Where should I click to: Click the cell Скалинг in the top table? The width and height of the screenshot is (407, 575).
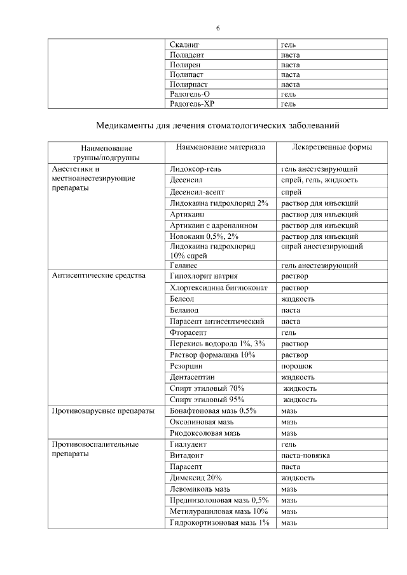pos(185,45)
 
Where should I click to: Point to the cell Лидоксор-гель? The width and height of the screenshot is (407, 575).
pos(197,169)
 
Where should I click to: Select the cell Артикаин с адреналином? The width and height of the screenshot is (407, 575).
pos(214,226)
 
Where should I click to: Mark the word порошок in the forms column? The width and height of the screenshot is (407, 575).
pos(297,366)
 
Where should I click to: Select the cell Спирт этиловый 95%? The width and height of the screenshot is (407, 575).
pos(207,400)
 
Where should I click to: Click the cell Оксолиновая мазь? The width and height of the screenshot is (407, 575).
pos(203,423)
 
